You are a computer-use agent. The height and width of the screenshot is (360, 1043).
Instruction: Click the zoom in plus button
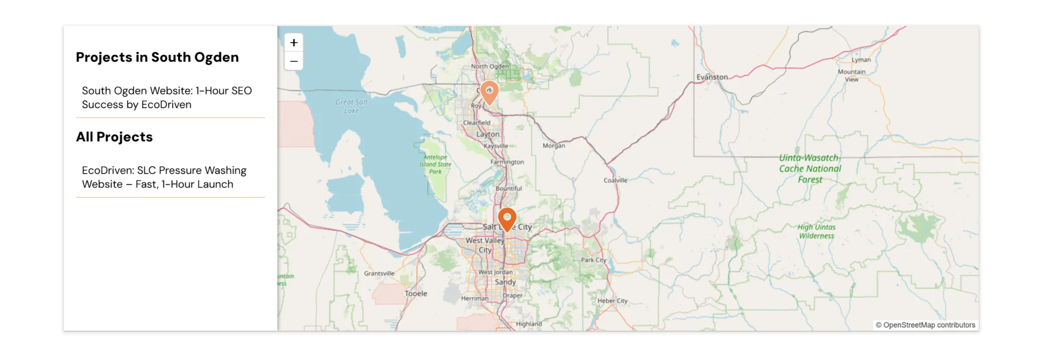pos(294,42)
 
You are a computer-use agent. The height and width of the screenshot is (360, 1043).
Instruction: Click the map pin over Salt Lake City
pos(507,218)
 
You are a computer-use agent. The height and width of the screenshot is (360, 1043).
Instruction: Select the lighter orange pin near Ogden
pos(489,92)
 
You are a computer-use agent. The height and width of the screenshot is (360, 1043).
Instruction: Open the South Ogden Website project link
pos(167,98)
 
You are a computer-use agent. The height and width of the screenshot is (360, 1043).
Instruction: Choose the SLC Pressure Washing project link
pos(164,178)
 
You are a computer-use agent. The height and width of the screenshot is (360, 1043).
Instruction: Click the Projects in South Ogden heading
pos(157,58)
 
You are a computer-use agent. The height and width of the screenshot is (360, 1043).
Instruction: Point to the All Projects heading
pos(114,137)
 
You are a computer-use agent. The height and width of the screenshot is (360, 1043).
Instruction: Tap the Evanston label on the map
pos(712,77)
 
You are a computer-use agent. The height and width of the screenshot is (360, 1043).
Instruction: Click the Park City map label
pos(593,260)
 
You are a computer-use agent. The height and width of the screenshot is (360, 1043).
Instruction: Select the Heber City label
pos(612,301)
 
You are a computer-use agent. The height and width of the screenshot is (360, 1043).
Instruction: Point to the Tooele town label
pos(416,294)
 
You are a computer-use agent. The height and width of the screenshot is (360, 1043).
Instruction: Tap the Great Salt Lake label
pos(351,106)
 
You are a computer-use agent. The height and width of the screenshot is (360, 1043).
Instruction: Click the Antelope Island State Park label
pos(435,165)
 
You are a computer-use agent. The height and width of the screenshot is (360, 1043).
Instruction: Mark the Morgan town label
pos(554,146)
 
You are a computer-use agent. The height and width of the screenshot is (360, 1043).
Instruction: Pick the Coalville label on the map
pos(615,180)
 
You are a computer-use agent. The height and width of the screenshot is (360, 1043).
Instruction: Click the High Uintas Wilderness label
pos(816,231)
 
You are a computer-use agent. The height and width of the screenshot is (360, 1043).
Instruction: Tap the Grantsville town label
pos(379,274)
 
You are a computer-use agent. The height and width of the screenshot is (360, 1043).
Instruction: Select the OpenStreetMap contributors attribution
pos(925,325)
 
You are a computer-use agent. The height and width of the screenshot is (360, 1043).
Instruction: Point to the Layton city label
pos(488,134)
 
